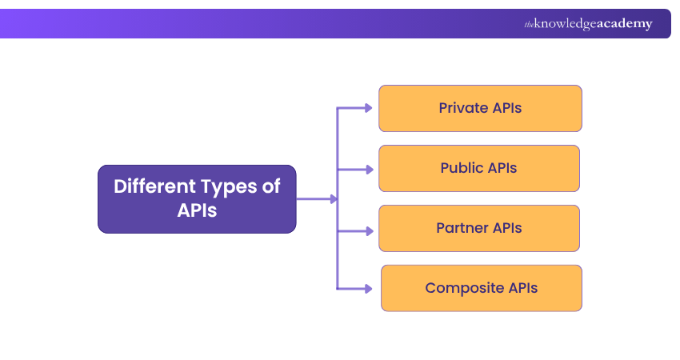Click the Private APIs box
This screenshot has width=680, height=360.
pyautogui.click(x=480, y=108)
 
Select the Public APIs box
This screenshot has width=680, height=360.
pyautogui.click(x=478, y=168)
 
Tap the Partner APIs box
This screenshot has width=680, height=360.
pyautogui.click(x=478, y=228)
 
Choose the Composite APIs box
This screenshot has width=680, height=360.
pyautogui.click(x=481, y=288)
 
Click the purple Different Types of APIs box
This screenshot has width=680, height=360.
pyautogui.click(x=197, y=199)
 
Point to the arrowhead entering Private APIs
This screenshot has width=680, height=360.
pyautogui.click(x=367, y=108)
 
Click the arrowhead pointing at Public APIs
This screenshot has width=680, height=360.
pyautogui.click(x=367, y=170)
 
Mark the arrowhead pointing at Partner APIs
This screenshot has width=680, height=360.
pyautogui.click(x=367, y=230)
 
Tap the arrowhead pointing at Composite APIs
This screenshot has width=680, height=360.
pyautogui.click(x=367, y=288)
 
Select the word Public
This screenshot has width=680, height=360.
pyautogui.click(x=462, y=168)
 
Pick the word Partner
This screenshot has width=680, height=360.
pyautogui.click(x=462, y=228)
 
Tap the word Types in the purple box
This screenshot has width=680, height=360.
pyautogui.click(x=226, y=187)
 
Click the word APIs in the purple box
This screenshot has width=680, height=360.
pyautogui.click(x=197, y=211)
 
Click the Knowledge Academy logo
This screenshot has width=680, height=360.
pyautogui.click(x=588, y=24)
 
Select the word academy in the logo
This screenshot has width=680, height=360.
pyautogui.click(x=623, y=24)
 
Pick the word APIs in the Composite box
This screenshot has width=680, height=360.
pyautogui.click(x=522, y=288)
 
